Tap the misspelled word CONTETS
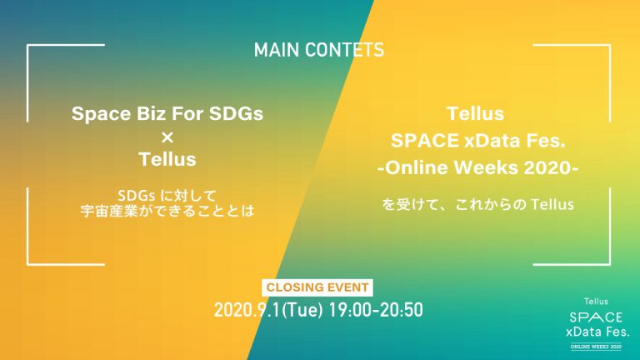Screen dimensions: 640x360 pyautogui.click(x=345, y=50)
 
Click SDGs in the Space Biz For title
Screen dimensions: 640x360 pyautogui.click(x=237, y=113)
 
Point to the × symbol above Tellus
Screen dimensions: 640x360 pyautogui.click(x=167, y=137)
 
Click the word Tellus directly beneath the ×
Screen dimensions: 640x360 pyautogui.click(x=167, y=159)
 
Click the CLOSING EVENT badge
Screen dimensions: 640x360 pyautogui.click(x=317, y=287)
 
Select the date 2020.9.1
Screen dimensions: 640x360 pyautogui.click(x=247, y=310)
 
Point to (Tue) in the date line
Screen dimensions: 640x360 pyautogui.click(x=302, y=310)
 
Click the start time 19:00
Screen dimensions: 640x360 pyautogui.click(x=351, y=310)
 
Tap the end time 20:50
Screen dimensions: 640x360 pyautogui.click(x=402, y=310)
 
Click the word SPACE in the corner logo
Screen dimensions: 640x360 pyautogui.click(x=596, y=317)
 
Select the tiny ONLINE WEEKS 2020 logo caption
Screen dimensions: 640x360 pyautogui.click(x=596, y=347)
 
